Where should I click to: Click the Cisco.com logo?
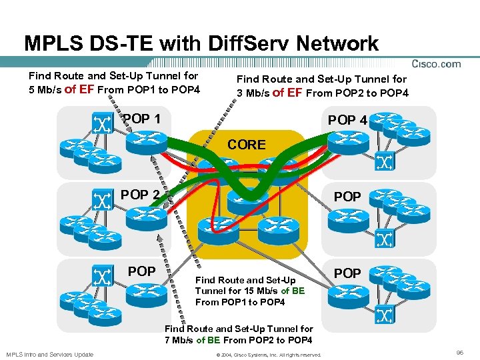coord(437,64)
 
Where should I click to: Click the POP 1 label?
coord(141,119)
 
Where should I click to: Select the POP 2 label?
coord(140,195)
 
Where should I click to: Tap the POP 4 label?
coord(347,120)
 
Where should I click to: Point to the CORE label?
coord(246,144)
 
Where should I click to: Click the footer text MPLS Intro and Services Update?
coord(50,354)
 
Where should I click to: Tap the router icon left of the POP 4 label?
coord(346,139)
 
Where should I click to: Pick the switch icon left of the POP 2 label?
coord(102,199)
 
